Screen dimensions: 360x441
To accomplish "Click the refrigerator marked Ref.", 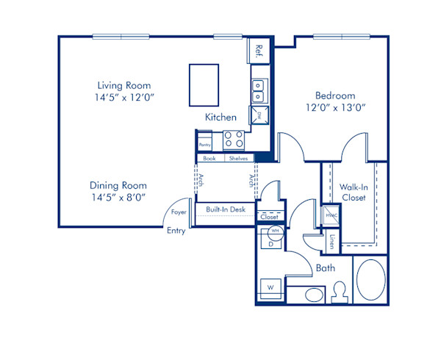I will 259,51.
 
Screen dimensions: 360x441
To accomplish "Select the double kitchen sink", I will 259,90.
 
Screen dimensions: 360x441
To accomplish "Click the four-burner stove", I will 234,140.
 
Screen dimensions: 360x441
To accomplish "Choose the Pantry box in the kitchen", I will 204,141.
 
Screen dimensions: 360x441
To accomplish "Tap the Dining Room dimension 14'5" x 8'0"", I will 118,196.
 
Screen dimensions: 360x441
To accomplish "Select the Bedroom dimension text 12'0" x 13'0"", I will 335,107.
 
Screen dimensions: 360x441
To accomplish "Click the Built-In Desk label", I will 225,209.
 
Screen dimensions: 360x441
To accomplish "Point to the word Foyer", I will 179,212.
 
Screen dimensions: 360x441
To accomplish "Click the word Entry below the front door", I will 176,230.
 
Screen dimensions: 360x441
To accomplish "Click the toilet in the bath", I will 339,291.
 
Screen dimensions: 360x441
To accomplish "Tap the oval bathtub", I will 370,279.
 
